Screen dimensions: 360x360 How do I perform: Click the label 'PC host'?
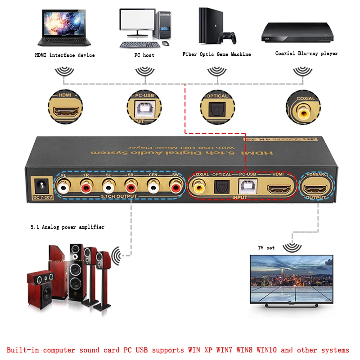pyautogui.click(x=144, y=55)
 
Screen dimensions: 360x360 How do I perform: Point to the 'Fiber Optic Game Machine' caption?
pyautogui.click(x=216, y=54)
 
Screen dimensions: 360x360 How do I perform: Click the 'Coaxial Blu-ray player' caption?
pyautogui.click(x=306, y=53)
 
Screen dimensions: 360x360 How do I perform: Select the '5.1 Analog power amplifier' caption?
pyautogui.click(x=65, y=227)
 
